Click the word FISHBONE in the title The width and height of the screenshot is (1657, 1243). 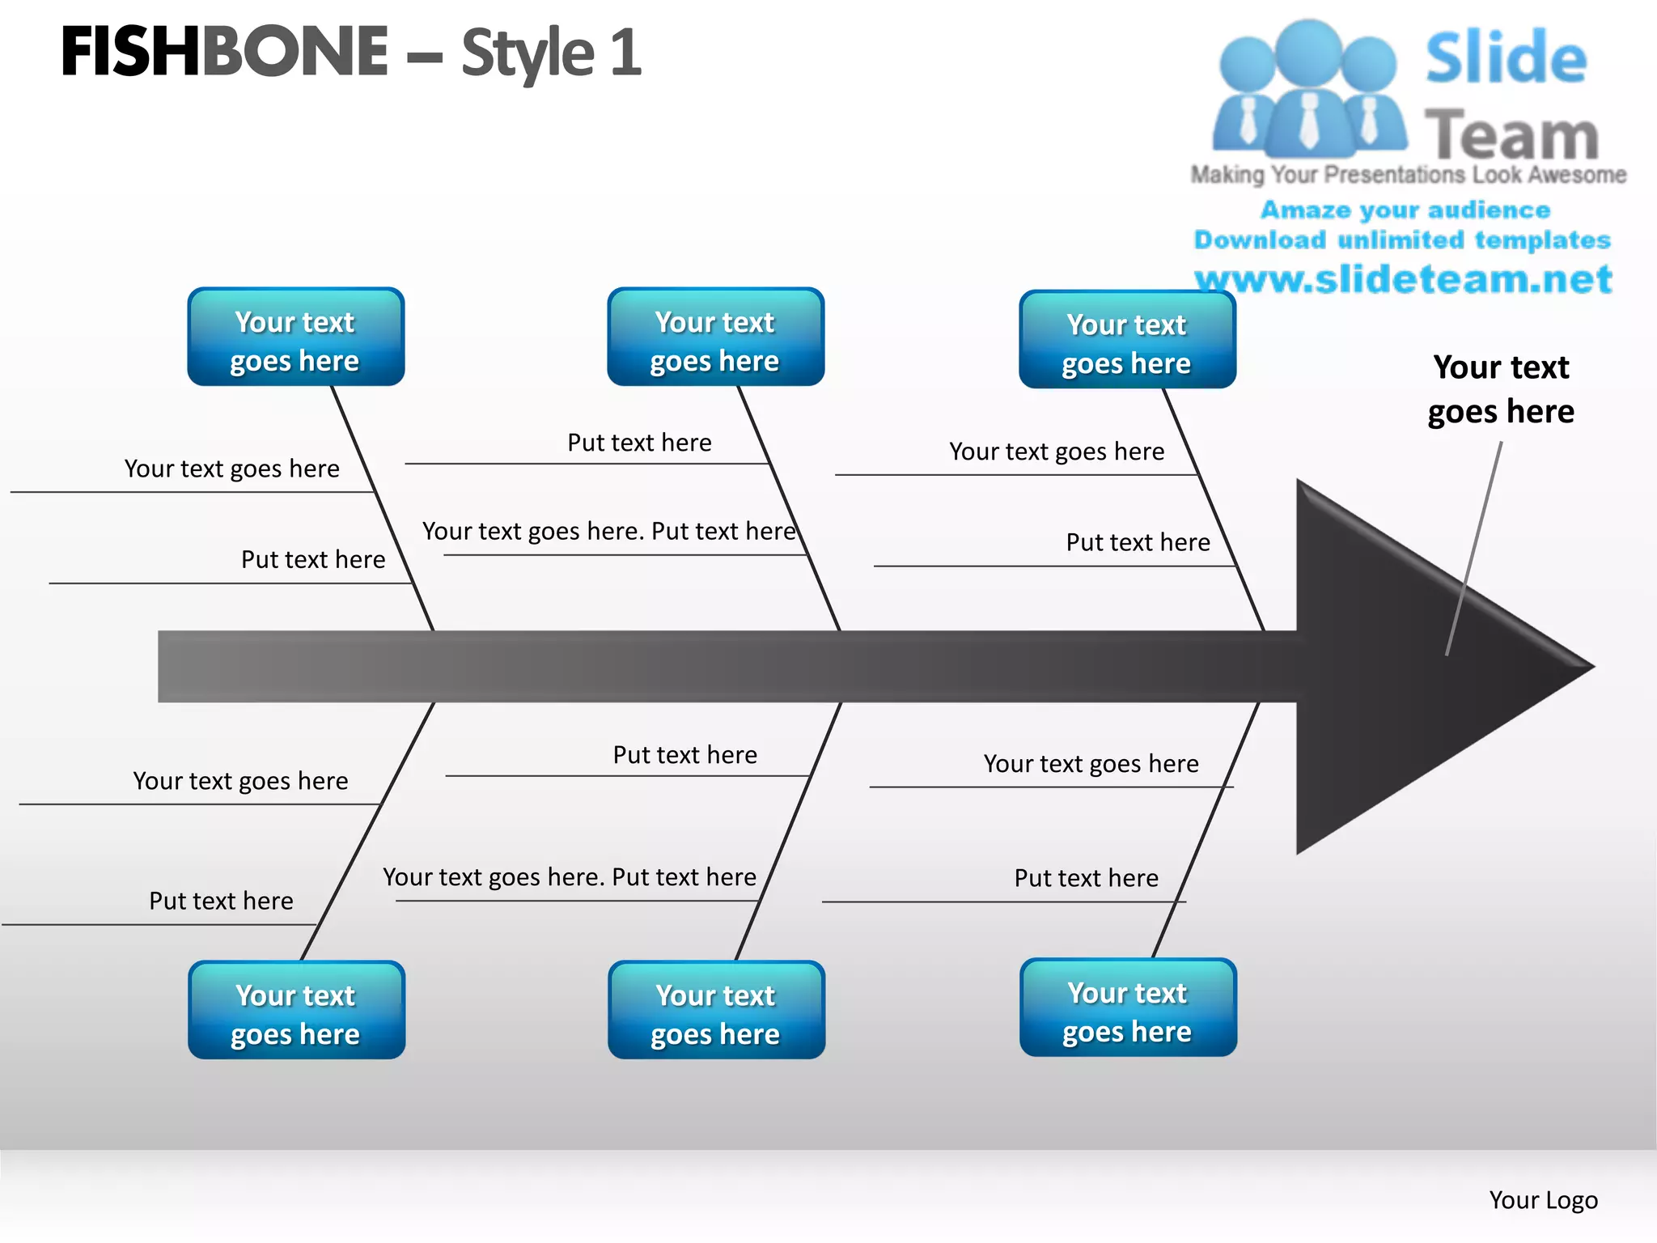(x=225, y=53)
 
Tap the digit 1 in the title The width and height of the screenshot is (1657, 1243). (x=625, y=53)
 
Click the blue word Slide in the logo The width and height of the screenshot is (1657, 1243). (x=1506, y=58)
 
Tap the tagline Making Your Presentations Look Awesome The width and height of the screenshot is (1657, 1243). (x=1408, y=175)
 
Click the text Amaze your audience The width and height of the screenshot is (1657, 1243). (x=1405, y=210)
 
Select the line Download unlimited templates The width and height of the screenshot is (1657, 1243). (x=1402, y=240)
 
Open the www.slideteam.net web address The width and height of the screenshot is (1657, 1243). (x=1403, y=279)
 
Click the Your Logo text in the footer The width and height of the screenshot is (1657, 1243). (x=1543, y=1200)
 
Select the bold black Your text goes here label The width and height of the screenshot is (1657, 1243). (x=1501, y=389)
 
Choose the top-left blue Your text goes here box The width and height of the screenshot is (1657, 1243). (x=295, y=337)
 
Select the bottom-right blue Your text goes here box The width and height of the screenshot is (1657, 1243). (x=1128, y=1008)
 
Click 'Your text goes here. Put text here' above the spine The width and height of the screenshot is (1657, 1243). (x=608, y=532)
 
